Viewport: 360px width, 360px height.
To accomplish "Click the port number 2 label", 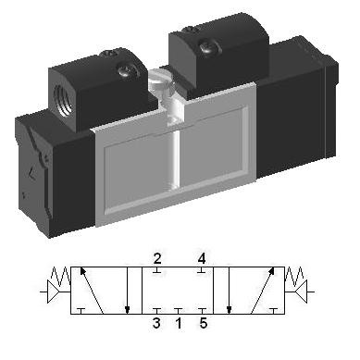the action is tap(157, 259).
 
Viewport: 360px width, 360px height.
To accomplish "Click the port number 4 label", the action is tap(202, 259).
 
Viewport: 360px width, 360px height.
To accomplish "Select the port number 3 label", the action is tap(156, 323).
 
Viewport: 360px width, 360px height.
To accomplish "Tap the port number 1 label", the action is tap(179, 323).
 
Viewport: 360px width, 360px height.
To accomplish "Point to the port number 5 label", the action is tap(204, 323).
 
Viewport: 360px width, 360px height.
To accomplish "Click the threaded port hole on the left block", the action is tap(63, 100).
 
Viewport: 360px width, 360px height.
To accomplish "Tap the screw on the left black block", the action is tap(126, 71).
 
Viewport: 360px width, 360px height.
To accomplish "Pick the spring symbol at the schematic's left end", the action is tap(61, 276).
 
